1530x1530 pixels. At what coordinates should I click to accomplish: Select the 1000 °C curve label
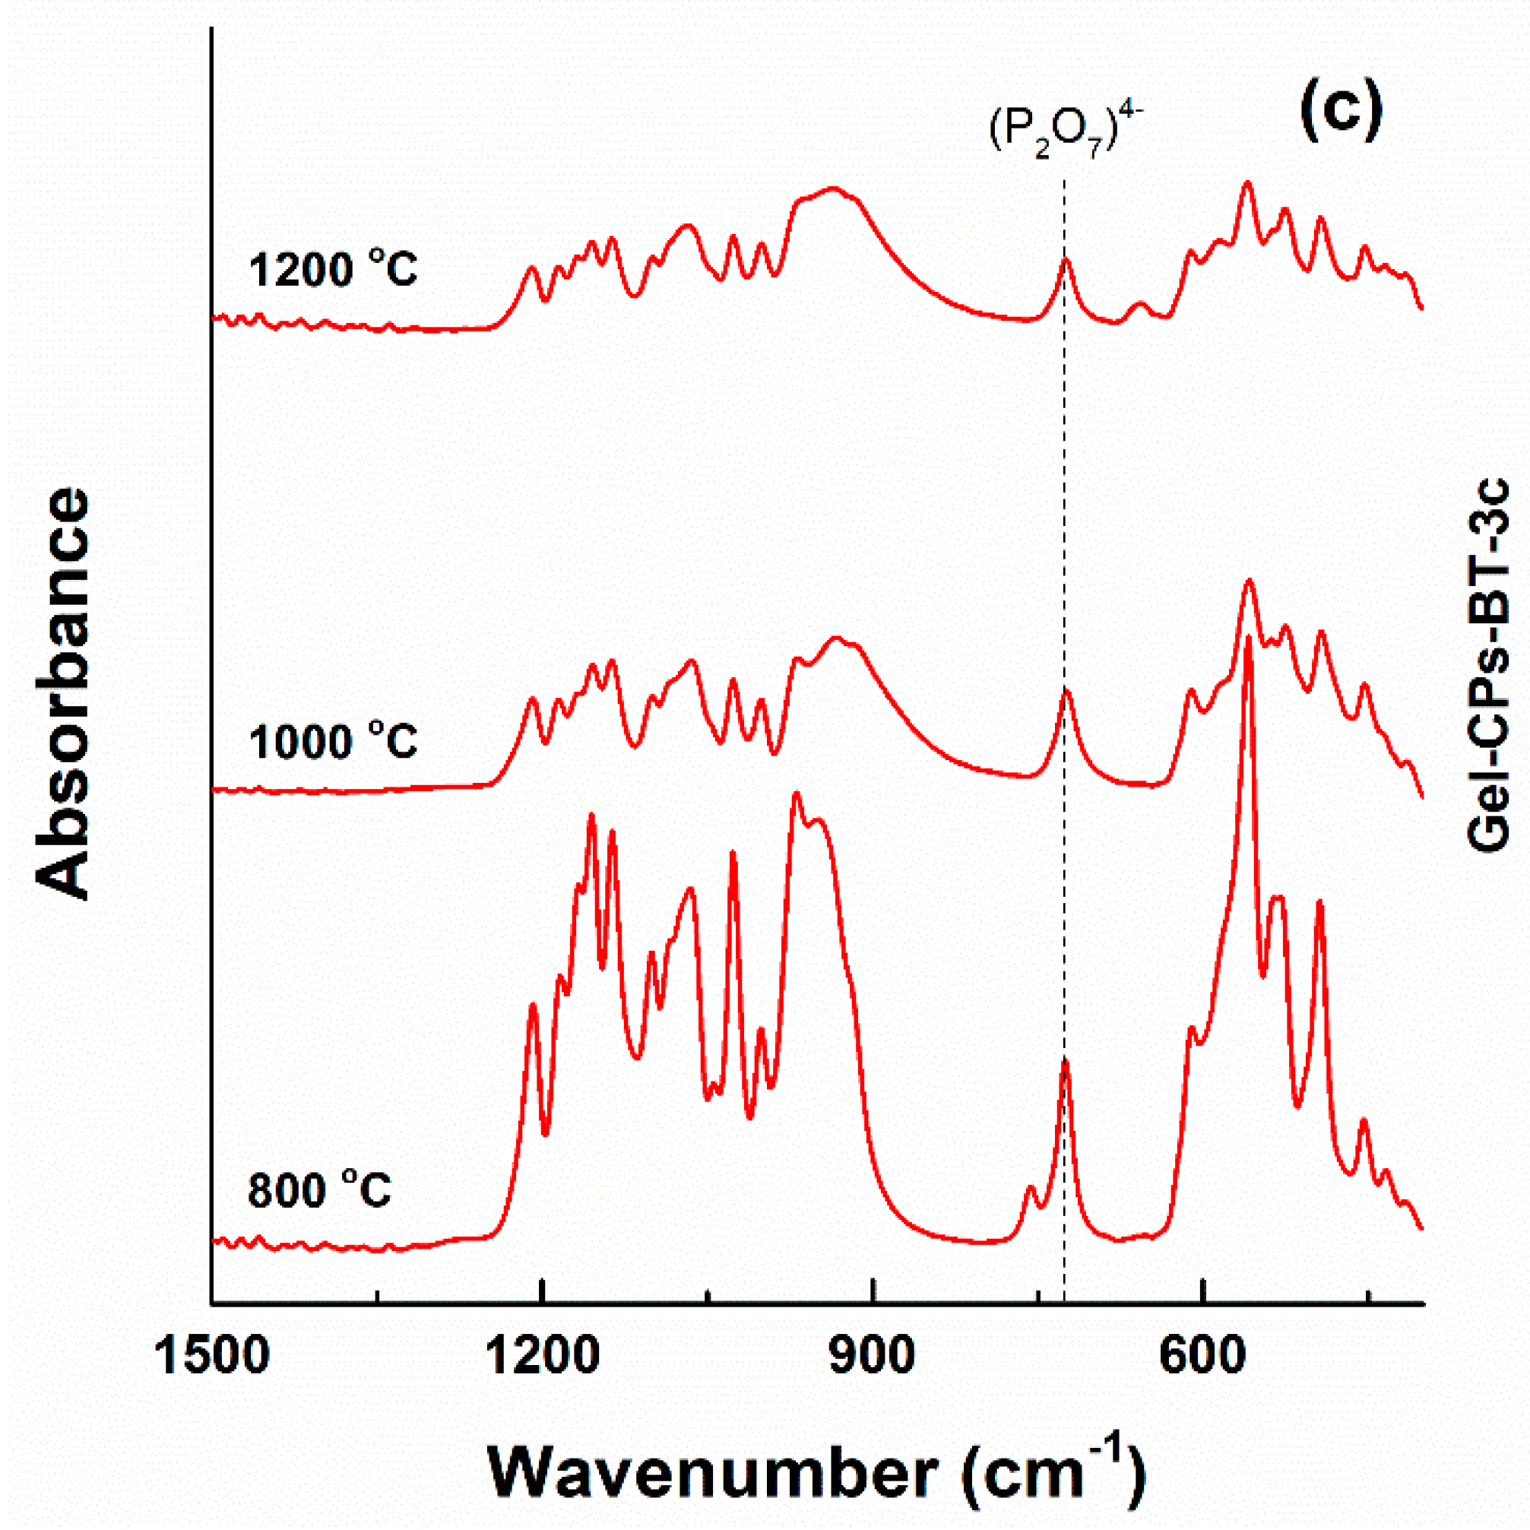tap(333, 742)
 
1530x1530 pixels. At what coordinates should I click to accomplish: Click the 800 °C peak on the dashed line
tap(1065, 1061)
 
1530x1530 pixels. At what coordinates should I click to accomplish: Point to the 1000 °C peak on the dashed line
tap(1066, 692)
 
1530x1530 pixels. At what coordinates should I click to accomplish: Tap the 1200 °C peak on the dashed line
tap(1066, 259)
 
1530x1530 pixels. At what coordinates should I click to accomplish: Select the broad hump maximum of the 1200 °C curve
tap(832, 188)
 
